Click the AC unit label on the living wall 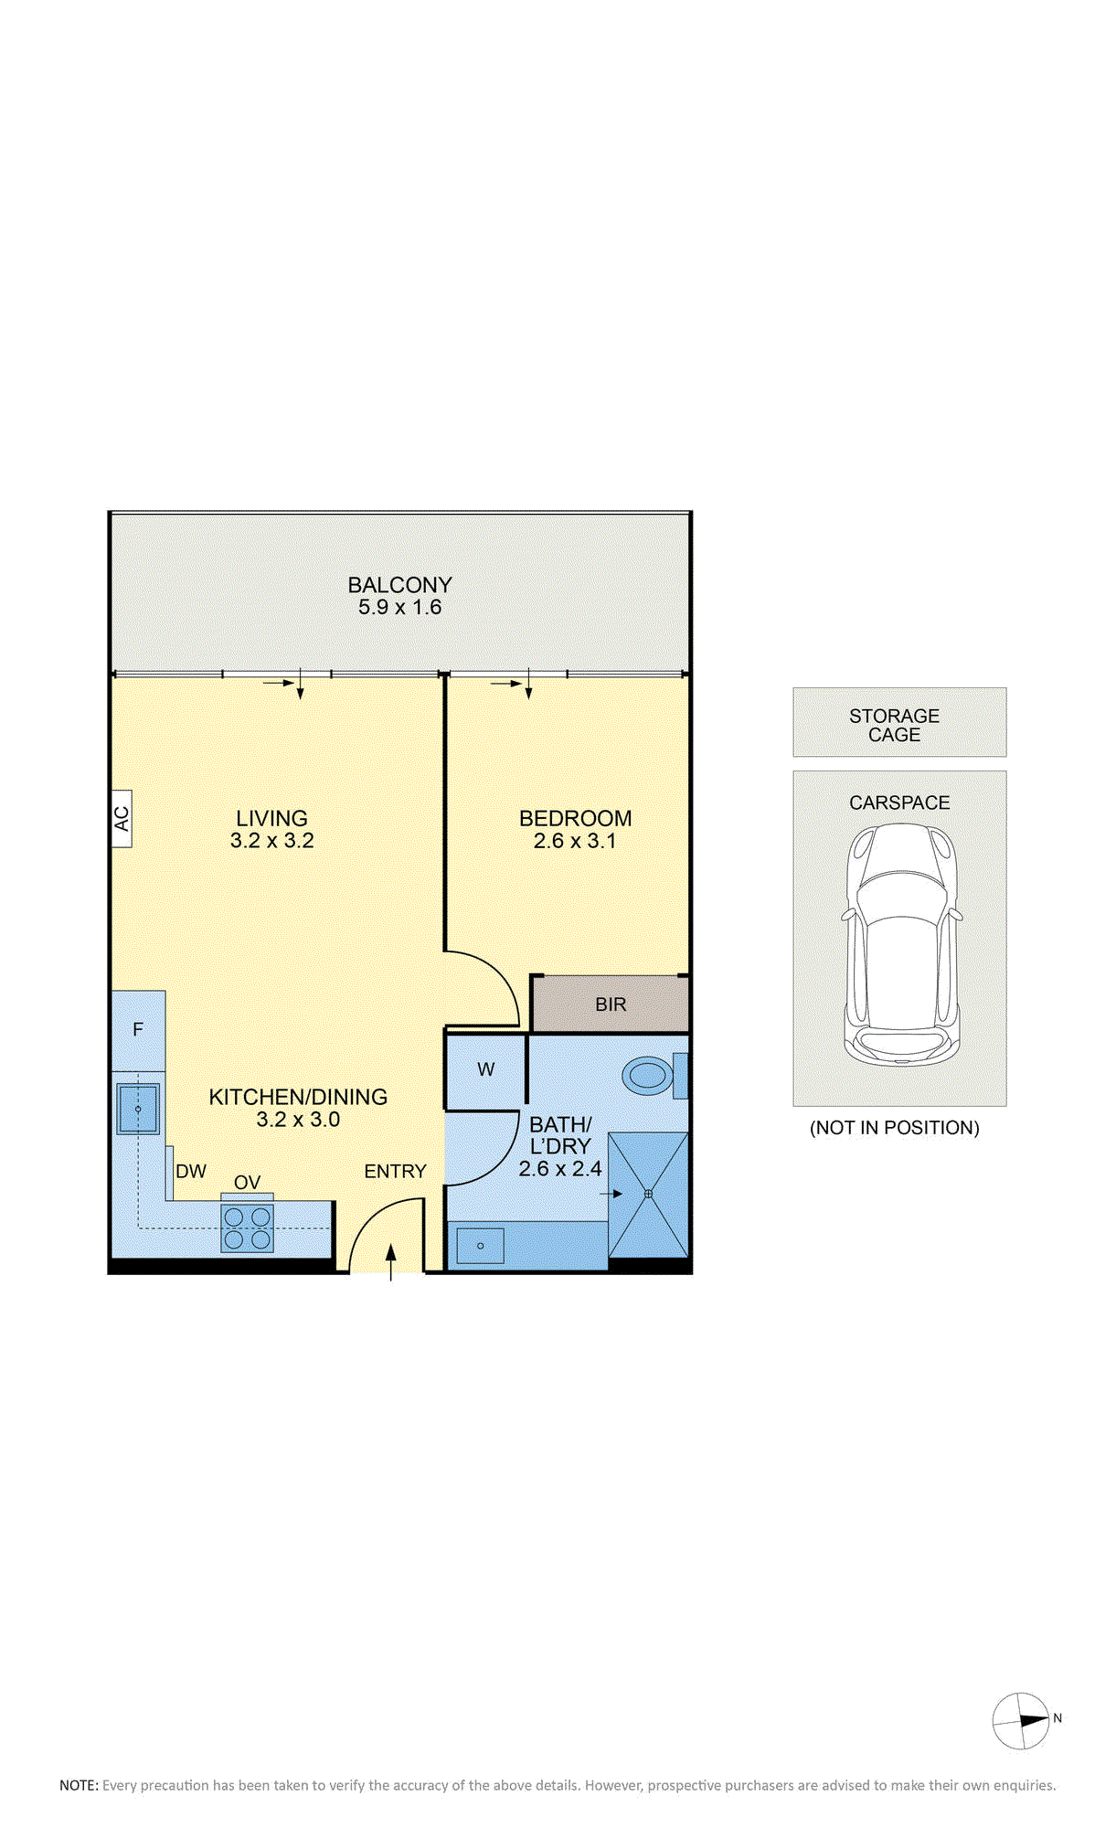tap(122, 818)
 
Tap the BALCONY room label tap(400, 585)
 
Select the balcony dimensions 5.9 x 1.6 tap(400, 607)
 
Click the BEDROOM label tap(576, 818)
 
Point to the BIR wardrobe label tap(611, 1004)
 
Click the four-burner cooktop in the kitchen tap(248, 1228)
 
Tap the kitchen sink tap(138, 1109)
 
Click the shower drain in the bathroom tap(648, 1194)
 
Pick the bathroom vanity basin tap(480, 1245)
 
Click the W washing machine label tap(486, 1069)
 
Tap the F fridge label tap(138, 1029)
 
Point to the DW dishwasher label tap(191, 1171)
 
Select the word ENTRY tap(396, 1171)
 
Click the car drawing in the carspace tap(901, 944)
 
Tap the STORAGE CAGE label tap(895, 725)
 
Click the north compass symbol tap(1022, 1721)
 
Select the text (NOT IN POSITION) tap(895, 1128)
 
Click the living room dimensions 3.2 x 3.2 tap(272, 841)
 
